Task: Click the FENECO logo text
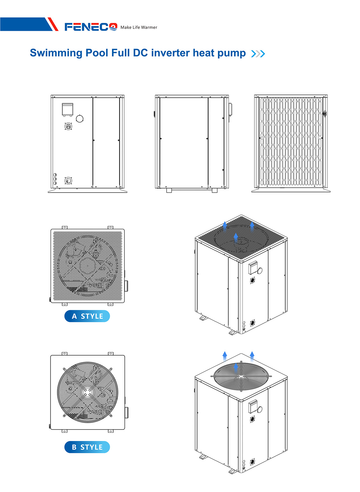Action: tap(91, 27)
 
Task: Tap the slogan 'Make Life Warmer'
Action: tap(139, 27)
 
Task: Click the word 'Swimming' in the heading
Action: tap(56, 53)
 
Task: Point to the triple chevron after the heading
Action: tap(258, 54)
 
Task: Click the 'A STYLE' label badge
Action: tap(87, 316)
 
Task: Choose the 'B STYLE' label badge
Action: tap(87, 447)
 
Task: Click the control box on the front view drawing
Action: tap(68, 110)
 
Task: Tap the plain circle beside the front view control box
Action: tap(80, 119)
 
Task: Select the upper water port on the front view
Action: tap(68, 126)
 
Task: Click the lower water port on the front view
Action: tap(68, 181)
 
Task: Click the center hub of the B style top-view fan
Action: tap(88, 392)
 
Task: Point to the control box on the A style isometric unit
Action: tap(253, 267)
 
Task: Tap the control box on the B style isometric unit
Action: tap(253, 406)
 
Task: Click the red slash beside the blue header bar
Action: tap(53, 24)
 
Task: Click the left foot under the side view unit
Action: tap(169, 190)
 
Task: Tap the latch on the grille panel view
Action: tap(324, 114)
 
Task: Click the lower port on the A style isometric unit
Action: tap(252, 323)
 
